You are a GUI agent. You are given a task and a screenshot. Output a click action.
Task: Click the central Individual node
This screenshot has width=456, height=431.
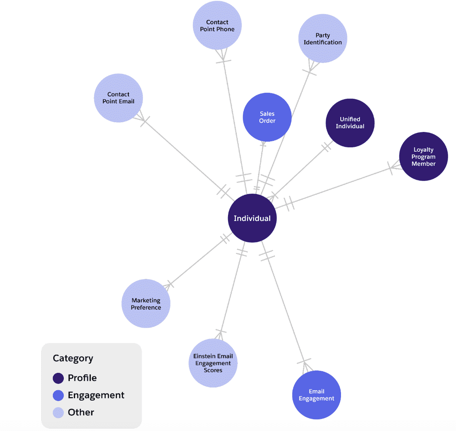[252, 218]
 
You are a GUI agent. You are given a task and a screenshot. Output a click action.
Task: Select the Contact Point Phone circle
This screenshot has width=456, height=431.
[217, 25]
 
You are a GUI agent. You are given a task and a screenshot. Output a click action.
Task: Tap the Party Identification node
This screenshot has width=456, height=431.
[322, 39]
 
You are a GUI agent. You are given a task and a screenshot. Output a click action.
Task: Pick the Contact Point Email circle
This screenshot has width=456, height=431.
[118, 98]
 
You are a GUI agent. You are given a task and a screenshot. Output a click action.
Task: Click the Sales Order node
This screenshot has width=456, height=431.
[267, 117]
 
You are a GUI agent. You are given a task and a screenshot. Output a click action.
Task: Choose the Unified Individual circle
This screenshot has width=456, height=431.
[350, 123]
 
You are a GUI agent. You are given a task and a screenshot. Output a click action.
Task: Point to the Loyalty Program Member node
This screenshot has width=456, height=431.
[423, 157]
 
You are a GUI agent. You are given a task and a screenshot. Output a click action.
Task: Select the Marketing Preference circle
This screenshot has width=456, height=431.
[146, 303]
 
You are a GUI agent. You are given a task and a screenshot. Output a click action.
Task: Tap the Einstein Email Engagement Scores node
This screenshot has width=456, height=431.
[213, 363]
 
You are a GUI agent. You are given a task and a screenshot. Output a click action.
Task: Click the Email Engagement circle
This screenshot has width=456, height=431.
[316, 395]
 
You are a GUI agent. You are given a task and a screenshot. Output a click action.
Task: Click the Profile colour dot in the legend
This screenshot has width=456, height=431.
[59, 378]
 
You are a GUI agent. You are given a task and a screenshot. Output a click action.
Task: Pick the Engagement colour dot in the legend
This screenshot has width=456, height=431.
[59, 395]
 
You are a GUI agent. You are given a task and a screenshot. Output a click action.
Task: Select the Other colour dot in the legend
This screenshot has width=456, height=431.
[59, 412]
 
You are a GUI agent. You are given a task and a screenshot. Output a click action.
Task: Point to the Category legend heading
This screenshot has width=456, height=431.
[73, 358]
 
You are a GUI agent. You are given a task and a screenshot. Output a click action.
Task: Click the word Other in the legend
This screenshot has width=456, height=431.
[81, 412]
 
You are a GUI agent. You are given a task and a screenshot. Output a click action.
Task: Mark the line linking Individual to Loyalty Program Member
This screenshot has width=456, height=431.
[339, 186]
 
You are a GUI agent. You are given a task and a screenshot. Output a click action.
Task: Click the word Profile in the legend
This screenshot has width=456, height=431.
[82, 378]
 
